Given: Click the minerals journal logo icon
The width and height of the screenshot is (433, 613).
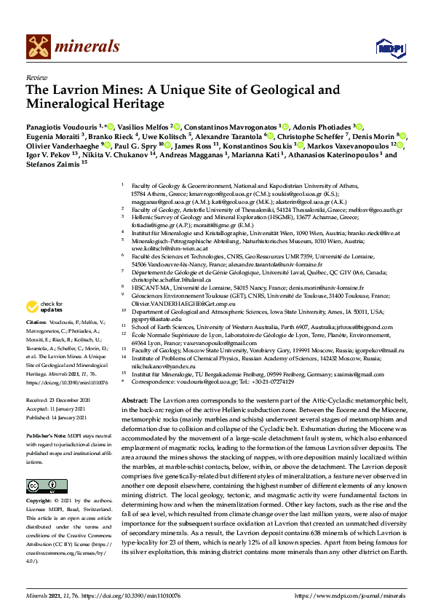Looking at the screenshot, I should click(x=39, y=47).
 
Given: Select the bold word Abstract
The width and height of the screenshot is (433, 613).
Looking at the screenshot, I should click(x=135, y=401).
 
